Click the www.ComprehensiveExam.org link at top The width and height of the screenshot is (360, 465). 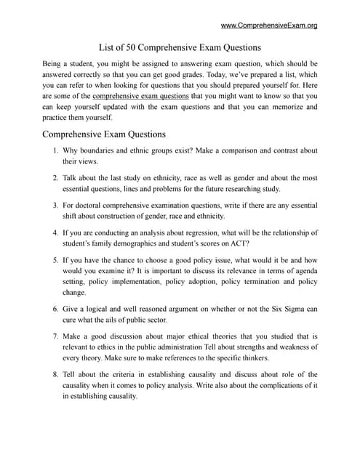[268, 25]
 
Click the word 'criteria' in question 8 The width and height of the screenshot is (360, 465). [119, 375]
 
